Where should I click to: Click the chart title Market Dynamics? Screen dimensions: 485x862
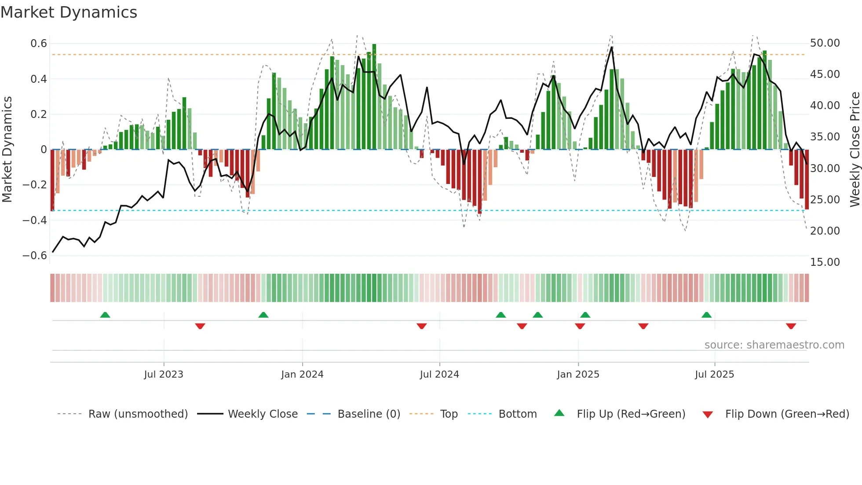69,12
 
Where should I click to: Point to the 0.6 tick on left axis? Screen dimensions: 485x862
39,44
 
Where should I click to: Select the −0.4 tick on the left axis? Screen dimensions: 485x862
35,220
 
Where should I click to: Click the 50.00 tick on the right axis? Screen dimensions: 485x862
825,43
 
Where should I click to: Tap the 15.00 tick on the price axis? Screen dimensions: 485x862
825,262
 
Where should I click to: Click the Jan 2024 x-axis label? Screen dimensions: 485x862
302,375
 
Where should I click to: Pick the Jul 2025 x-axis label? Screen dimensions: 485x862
714,375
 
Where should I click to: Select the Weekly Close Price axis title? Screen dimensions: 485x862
855,150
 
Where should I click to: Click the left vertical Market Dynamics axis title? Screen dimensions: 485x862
7,150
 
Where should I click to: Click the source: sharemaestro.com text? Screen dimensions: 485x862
774,345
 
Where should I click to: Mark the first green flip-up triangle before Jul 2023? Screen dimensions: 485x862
105,315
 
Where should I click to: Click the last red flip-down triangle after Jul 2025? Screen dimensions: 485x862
791,326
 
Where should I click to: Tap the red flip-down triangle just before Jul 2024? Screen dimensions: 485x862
421,326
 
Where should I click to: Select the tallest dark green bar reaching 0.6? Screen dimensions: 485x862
374,97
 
